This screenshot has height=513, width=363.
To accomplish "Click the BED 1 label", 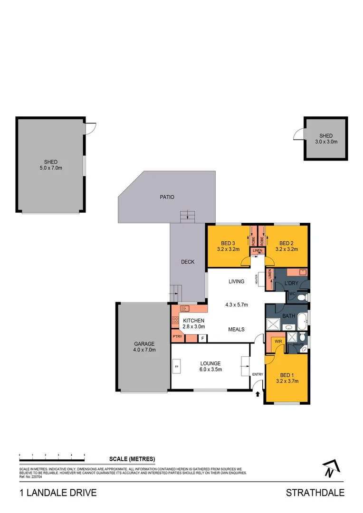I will tap(287, 374).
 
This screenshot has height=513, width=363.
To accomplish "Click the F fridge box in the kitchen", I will tap(203, 338).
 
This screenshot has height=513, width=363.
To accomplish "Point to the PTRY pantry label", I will tap(178, 337).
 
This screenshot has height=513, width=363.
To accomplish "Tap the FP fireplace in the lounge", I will tap(176, 367).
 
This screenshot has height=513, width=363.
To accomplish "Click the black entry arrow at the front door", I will tap(258, 393).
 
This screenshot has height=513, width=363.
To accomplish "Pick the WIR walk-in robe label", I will tap(275, 341).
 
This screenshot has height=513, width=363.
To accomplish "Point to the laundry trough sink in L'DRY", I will tap(303, 272).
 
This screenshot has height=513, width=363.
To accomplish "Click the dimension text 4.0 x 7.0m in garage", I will tap(144, 350).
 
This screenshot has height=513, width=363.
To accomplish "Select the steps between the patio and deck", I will tap(187, 216).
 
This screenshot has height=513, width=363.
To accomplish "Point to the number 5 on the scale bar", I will tap(85, 455).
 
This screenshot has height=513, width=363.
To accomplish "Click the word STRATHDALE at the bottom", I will tap(315, 493).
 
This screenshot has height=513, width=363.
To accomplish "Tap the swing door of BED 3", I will tap(246, 261).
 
